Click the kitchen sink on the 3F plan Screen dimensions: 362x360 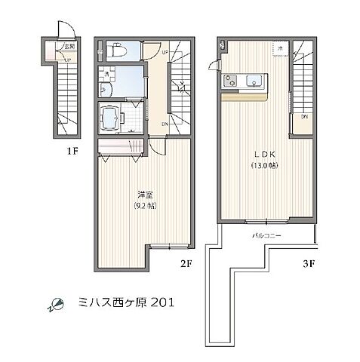(x=254, y=80)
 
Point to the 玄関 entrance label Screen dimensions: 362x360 (x=66, y=46)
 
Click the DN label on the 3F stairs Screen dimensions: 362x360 (x=304, y=117)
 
